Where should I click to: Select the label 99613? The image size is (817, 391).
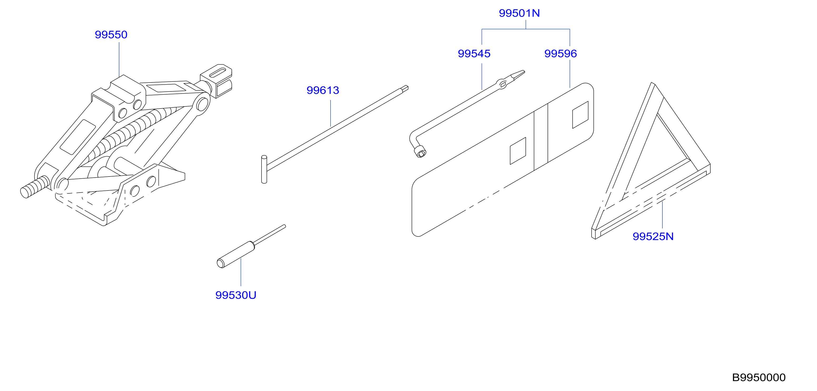[x=323, y=90]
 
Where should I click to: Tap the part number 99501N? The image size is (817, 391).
[x=519, y=13]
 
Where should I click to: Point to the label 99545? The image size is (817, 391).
[x=474, y=54]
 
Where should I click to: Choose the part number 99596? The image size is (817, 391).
[x=560, y=54]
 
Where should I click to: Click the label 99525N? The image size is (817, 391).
[x=653, y=236]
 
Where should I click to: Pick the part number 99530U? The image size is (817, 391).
[x=236, y=295]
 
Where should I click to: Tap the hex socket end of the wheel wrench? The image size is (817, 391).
[x=421, y=152]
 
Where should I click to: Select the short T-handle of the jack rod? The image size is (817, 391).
[x=264, y=169]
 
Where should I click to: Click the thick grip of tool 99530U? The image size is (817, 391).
[x=236, y=255]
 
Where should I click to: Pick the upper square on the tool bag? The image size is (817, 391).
[x=580, y=115]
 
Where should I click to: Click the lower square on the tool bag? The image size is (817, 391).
[x=518, y=151]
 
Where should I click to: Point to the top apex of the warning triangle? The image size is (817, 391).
[x=653, y=84]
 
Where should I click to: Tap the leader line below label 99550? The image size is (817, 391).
[x=119, y=60]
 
